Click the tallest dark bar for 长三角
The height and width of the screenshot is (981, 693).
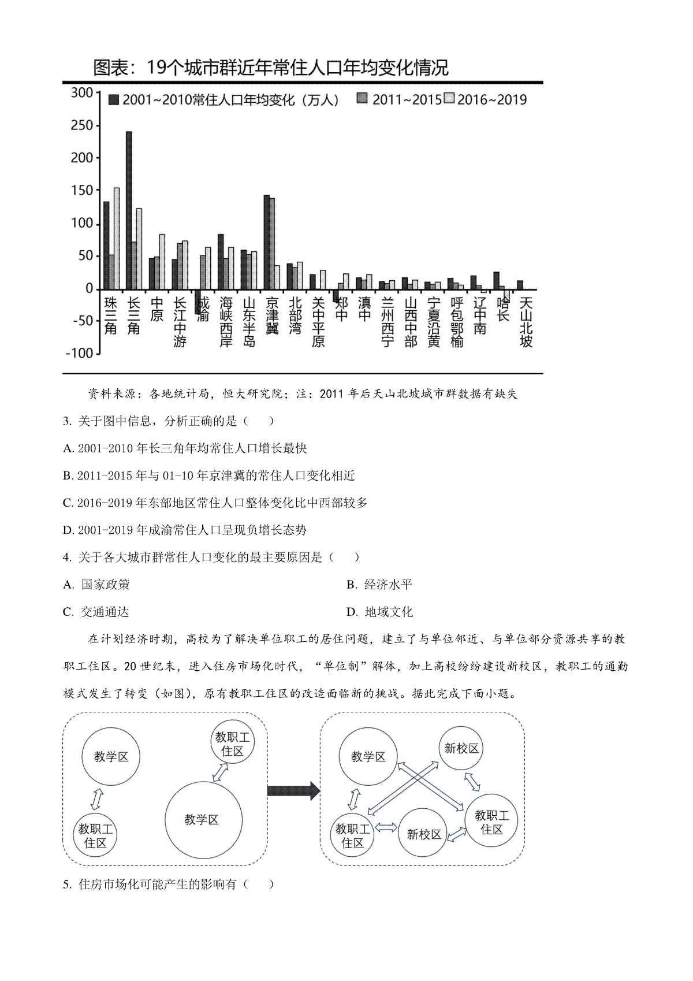pyautogui.click(x=128, y=210)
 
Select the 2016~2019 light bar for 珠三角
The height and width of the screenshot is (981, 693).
pyautogui.click(x=117, y=238)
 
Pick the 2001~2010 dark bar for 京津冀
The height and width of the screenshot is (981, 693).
pyautogui.click(x=266, y=242)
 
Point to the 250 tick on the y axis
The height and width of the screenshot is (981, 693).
pyautogui.click(x=81, y=125)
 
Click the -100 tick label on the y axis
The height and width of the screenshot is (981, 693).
pyautogui.click(x=79, y=354)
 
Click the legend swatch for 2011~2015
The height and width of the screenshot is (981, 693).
pyautogui.click(x=362, y=99)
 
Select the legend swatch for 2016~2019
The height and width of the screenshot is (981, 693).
pyautogui.click(x=450, y=99)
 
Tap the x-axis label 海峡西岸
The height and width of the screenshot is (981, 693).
pyautogui.click(x=226, y=322)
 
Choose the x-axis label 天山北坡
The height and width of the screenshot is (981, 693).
pyautogui.click(x=526, y=322)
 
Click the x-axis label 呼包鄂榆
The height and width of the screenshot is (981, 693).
pyautogui.click(x=457, y=322)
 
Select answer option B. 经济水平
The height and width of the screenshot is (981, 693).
pyautogui.click(x=379, y=585)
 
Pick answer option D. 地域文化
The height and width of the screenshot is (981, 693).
pyautogui.click(x=379, y=612)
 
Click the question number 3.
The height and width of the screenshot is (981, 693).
pyautogui.click(x=66, y=421)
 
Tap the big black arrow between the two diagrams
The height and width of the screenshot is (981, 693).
pyautogui.click(x=293, y=790)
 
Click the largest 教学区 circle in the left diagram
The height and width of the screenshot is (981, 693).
pyautogui.click(x=203, y=820)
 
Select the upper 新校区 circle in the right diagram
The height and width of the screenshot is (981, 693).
pyautogui.click(x=461, y=749)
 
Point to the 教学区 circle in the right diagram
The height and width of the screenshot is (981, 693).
pyautogui.click(x=368, y=756)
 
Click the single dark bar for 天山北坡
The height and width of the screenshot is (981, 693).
pyautogui.click(x=520, y=285)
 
